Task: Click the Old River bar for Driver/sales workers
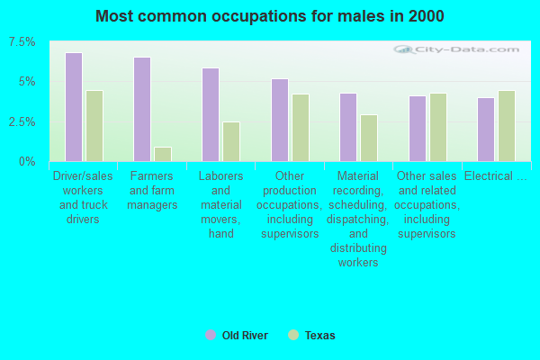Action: (x=74, y=107)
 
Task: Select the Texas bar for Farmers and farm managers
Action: (x=163, y=154)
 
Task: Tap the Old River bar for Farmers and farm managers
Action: (x=142, y=109)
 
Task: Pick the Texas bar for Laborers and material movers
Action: (x=231, y=141)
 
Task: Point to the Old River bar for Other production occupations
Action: (x=280, y=121)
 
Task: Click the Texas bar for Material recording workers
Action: (x=369, y=138)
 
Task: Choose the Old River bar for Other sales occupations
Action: (x=418, y=129)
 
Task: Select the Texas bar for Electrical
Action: (x=507, y=126)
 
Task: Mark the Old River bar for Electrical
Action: (x=486, y=130)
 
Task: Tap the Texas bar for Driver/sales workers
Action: (x=94, y=126)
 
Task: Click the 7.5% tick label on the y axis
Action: (x=22, y=42)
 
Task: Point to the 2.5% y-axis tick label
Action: (x=22, y=122)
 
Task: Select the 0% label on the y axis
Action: (x=27, y=162)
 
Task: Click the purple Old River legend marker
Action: (x=211, y=335)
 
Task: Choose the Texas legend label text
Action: (x=319, y=335)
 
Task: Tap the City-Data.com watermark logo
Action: (x=456, y=49)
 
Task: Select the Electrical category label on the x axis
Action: (x=496, y=176)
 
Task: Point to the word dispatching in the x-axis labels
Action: (x=358, y=220)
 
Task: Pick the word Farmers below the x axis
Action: (x=151, y=176)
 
